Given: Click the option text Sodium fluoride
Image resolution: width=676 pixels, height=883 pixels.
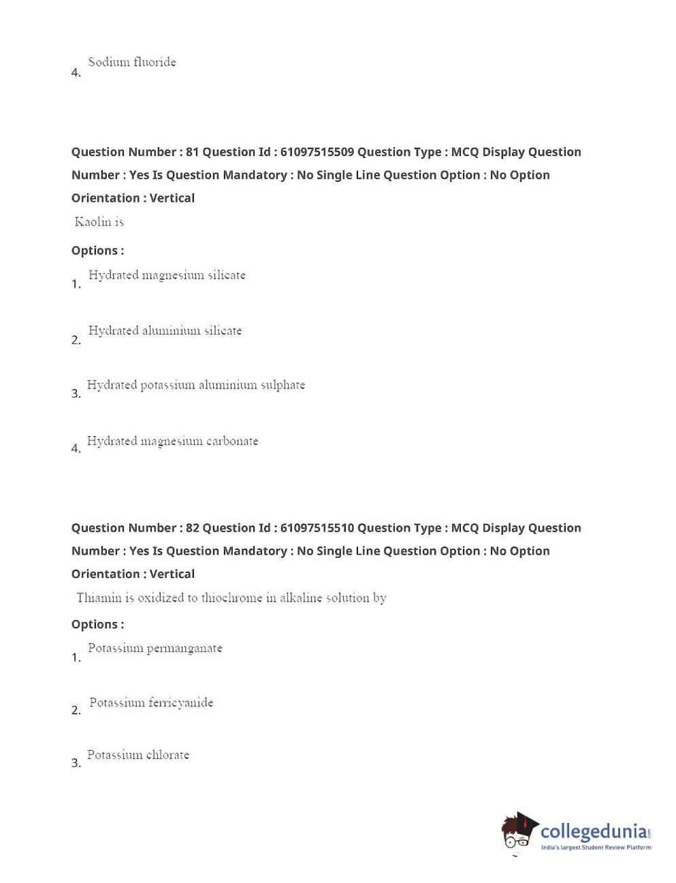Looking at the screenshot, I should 131,62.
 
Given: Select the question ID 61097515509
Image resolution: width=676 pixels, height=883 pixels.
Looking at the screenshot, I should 317,152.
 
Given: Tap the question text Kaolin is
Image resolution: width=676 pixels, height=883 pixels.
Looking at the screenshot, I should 99,221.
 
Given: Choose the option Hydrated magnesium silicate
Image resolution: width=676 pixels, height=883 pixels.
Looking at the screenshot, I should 167,275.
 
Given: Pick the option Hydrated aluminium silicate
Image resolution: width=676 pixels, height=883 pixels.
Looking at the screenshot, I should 165,330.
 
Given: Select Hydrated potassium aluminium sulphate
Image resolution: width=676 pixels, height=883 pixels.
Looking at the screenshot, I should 196,385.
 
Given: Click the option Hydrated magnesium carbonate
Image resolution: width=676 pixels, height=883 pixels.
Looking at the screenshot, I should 172,441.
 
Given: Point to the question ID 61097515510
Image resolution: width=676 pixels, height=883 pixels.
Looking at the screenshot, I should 317,528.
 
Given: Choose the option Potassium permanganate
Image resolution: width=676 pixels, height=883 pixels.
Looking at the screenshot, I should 155,648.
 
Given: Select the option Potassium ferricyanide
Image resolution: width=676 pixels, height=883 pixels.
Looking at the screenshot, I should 151,702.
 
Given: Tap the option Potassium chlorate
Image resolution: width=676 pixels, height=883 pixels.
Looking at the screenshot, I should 138,755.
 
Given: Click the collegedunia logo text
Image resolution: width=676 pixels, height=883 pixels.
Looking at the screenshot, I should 594,831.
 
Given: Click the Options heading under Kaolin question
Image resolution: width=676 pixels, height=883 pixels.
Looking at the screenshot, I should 97,251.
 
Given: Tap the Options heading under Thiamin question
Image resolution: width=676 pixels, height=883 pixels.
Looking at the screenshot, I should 97,624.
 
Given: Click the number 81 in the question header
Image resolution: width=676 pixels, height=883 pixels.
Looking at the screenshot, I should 192,152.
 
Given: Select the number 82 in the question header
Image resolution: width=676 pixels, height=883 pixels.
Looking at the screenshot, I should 192,528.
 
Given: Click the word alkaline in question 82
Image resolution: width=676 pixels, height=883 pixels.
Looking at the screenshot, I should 301,598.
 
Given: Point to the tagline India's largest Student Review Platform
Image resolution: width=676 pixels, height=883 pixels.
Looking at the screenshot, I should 596,848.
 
